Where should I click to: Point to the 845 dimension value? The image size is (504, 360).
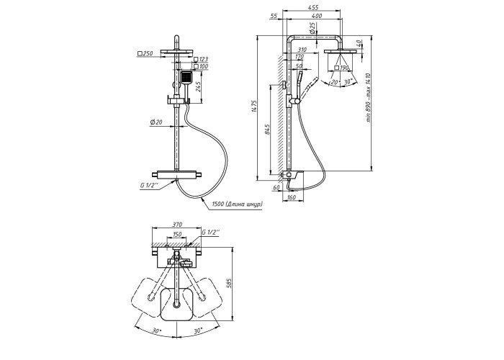pos(268,130)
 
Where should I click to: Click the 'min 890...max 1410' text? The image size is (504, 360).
pos(368,98)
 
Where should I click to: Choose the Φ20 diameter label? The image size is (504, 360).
pos(156,123)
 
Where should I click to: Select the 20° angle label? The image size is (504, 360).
pos(335,83)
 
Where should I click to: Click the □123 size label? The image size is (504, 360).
pos(204,60)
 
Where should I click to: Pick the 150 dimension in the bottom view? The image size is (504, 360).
pos(176,235)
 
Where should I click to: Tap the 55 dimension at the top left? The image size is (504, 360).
pos(274,14)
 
